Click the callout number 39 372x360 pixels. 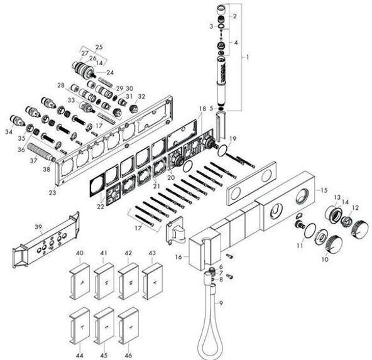pyautogui.click(x=38, y=227)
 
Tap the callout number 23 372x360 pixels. pyautogui.click(x=53, y=192)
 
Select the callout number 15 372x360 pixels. pyautogui.click(x=324, y=190)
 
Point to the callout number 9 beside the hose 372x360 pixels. pyautogui.click(x=221, y=303)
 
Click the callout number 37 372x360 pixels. pyautogui.click(x=33, y=161)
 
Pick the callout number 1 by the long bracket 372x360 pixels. pyautogui.click(x=248, y=57)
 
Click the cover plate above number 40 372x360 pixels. pyautogui.click(x=80, y=281)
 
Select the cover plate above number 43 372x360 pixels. pyautogui.click(x=152, y=281)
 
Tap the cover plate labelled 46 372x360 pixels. pyautogui.click(x=128, y=325)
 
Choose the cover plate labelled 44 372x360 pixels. pyautogui.click(x=80, y=325)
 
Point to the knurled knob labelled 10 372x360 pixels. pyautogui.click(x=334, y=246)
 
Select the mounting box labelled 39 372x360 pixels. pyautogui.click(x=46, y=239)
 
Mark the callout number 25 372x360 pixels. pyautogui.click(x=99, y=46)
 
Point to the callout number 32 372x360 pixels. pyautogui.click(x=141, y=96)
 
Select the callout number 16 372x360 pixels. pyautogui.click(x=179, y=257)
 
